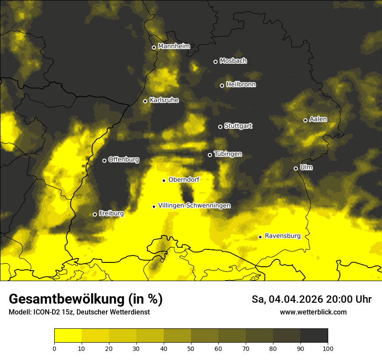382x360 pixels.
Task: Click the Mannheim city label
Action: coord(174,46)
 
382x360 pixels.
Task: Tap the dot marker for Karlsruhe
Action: coord(145,101)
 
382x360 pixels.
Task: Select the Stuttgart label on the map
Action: coord(238,126)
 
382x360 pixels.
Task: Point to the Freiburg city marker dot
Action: coord(95,214)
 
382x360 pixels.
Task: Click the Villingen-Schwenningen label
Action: coord(194,206)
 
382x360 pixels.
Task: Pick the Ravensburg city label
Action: coord(282,236)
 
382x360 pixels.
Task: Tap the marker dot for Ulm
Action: coord(296,168)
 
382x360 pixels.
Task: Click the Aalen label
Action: coord(318,119)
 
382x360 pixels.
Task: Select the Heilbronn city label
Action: coord(240,85)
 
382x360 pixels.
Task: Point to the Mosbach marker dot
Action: coord(215,62)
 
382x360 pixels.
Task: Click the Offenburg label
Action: coord(123,160)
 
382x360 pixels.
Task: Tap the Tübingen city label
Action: coord(227,154)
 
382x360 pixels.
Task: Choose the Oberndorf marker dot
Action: coord(164,180)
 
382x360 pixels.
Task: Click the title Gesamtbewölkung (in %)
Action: coord(86,299)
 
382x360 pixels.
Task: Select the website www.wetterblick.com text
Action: coord(313,312)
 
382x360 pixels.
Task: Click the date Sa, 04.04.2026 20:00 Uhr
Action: coord(311,299)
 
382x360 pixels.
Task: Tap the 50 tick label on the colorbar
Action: coord(191,348)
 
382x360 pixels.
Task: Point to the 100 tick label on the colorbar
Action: coord(328,348)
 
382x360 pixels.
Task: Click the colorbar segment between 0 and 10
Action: coord(68,336)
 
